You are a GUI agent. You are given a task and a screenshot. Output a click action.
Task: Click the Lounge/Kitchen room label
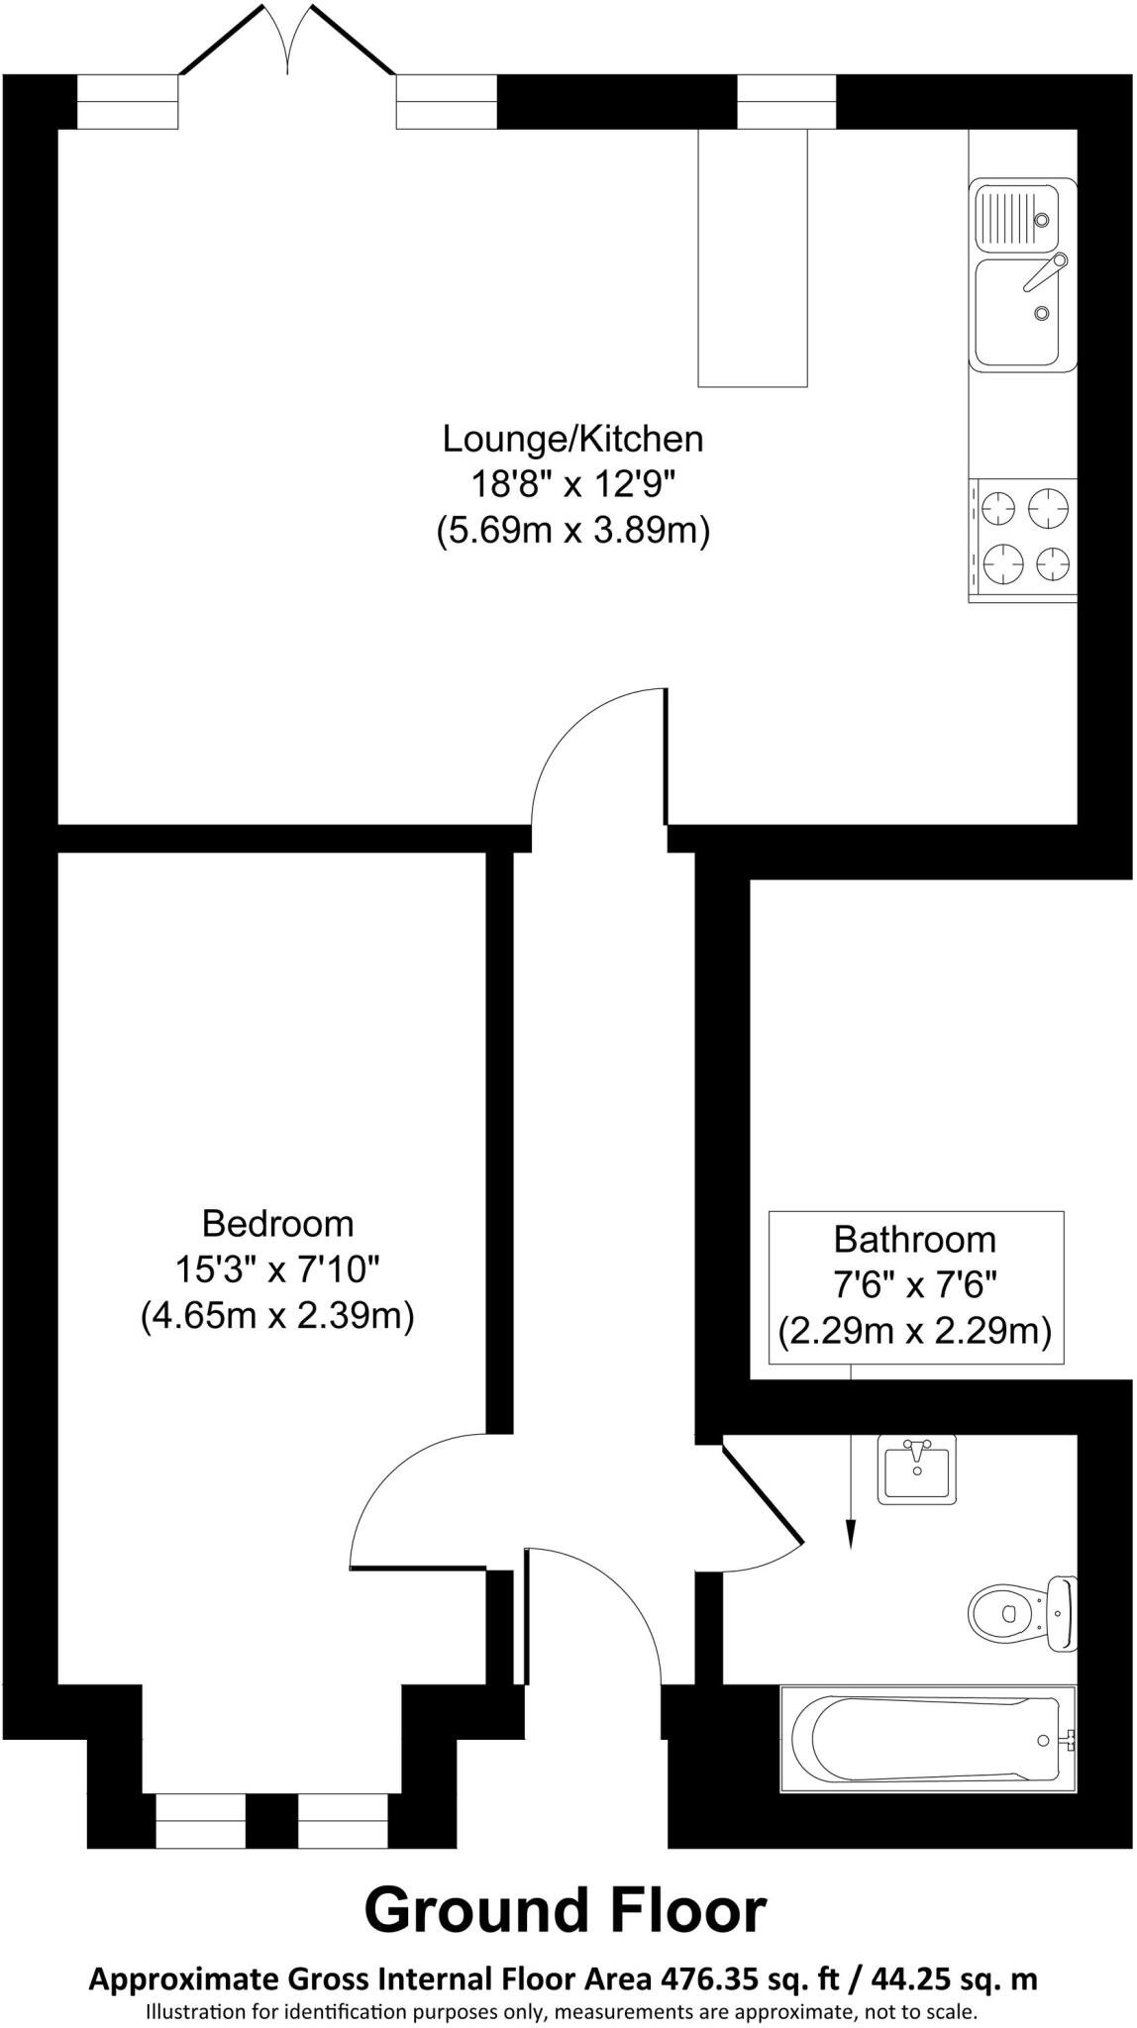[x=572, y=438]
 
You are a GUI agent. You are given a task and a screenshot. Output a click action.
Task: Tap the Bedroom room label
[x=277, y=1224]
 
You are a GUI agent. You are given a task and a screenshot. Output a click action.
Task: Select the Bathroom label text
[x=914, y=1240]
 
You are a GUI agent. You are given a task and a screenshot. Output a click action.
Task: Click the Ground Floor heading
[x=566, y=1911]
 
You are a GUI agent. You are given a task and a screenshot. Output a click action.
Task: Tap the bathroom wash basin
[x=917, y=1469]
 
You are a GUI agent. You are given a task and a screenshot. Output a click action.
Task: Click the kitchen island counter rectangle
[x=753, y=257]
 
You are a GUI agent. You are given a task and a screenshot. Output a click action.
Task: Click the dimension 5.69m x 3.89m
[x=572, y=532]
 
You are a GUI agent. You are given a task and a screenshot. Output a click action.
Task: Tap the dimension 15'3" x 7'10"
[x=277, y=1270]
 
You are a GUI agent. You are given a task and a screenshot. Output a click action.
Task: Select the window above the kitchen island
[x=787, y=102]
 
